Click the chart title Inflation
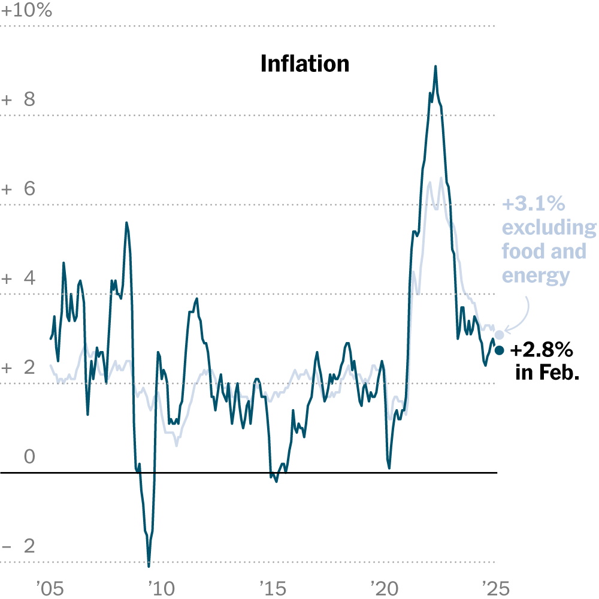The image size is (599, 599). pyautogui.click(x=304, y=63)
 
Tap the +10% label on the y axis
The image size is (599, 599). pyautogui.click(x=27, y=11)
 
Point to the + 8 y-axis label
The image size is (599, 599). pyautogui.click(x=19, y=99)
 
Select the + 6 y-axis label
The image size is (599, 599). pyautogui.click(x=19, y=189)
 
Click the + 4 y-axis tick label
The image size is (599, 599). pyautogui.click(x=19, y=279)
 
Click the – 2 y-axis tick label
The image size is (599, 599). pyautogui.click(x=19, y=547)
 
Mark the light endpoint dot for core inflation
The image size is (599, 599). pyautogui.click(x=500, y=335)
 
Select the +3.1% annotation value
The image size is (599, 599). pyautogui.click(x=534, y=204)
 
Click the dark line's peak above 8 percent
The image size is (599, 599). pyautogui.click(x=435, y=66)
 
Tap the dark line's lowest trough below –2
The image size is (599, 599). pyautogui.click(x=149, y=565)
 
